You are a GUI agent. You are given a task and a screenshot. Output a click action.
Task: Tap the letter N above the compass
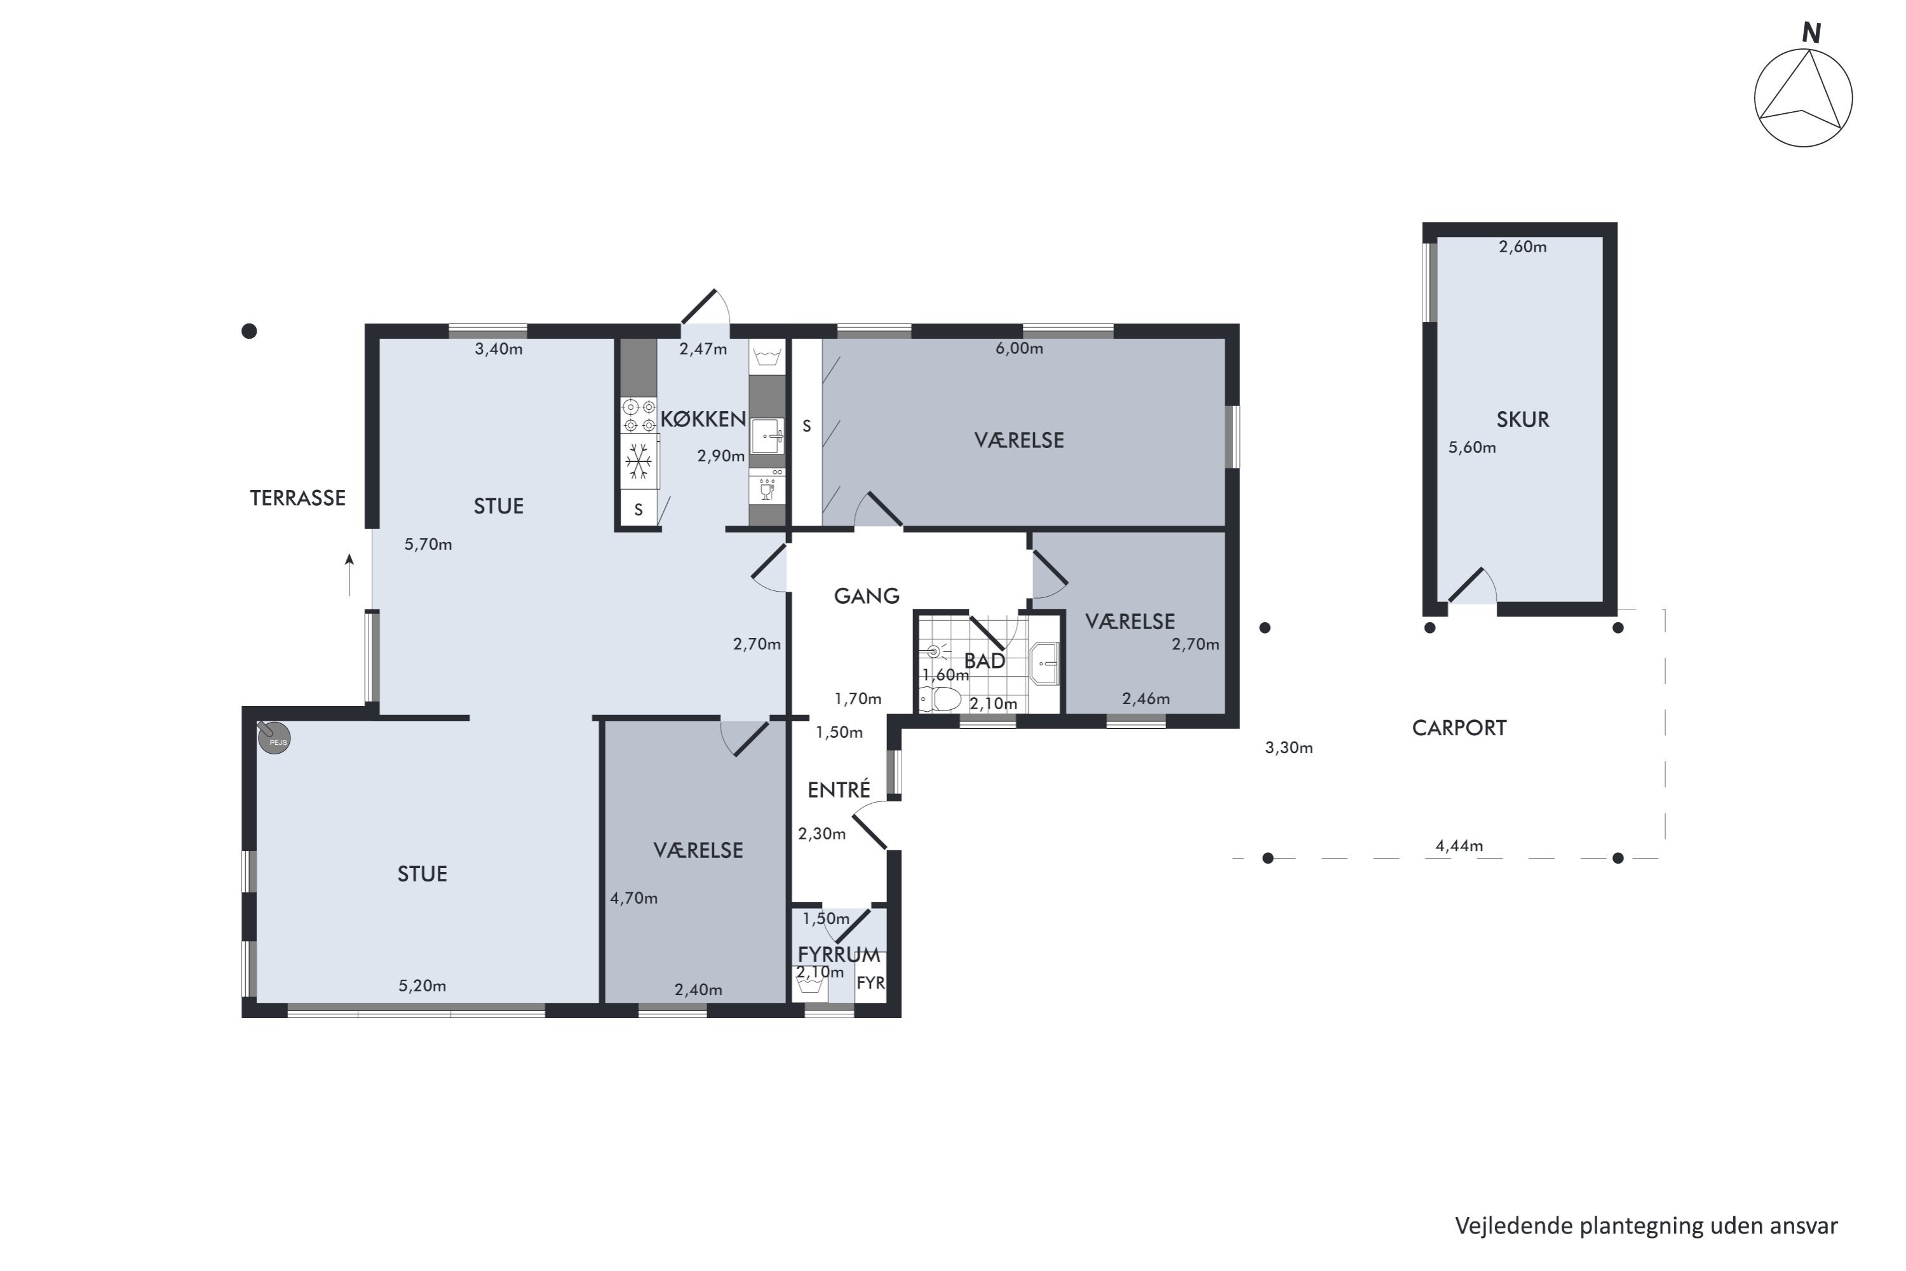point(1811,33)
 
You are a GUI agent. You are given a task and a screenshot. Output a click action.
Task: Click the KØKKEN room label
point(703,419)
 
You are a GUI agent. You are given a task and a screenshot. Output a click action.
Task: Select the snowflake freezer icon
point(639,461)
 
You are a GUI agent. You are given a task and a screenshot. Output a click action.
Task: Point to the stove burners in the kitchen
point(639,416)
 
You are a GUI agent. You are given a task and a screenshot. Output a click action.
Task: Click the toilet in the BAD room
point(940,698)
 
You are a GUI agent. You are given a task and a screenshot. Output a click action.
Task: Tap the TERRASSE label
point(297,498)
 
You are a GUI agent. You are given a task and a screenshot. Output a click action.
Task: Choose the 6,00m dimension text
point(1018,348)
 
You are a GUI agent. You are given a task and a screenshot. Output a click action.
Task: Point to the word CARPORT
point(1459,728)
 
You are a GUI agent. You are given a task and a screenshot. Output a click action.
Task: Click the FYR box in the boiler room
point(870,982)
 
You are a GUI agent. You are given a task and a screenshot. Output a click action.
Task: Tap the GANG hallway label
point(867,597)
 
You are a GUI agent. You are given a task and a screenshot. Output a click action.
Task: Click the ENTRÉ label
point(839,789)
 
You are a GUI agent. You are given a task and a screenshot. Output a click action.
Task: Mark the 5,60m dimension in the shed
point(1471,447)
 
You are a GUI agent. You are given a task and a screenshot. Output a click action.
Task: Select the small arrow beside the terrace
point(349,574)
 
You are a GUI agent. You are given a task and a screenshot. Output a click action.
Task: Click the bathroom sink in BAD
point(1044,663)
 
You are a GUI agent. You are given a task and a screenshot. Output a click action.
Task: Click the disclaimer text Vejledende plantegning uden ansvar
point(1646,1227)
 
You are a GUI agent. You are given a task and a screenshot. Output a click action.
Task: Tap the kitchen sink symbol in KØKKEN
point(767,436)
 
